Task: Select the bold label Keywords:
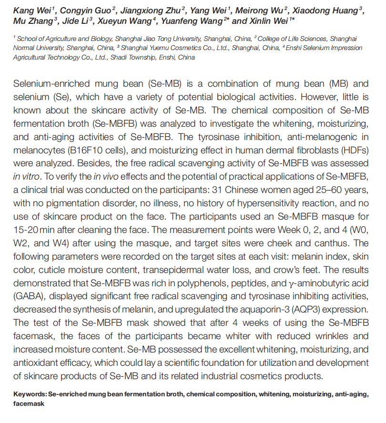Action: [x=30, y=395]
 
